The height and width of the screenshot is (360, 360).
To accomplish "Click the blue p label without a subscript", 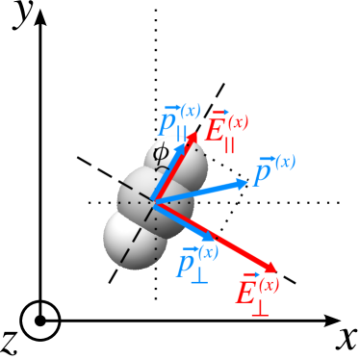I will (x=272, y=170).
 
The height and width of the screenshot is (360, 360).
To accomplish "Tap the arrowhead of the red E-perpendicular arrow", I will (x=270, y=269).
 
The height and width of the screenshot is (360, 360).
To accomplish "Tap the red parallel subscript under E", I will (x=230, y=146).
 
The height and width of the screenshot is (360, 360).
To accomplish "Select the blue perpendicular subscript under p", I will (x=199, y=276).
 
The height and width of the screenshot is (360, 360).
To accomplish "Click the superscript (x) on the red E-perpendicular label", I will (x=270, y=284).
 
